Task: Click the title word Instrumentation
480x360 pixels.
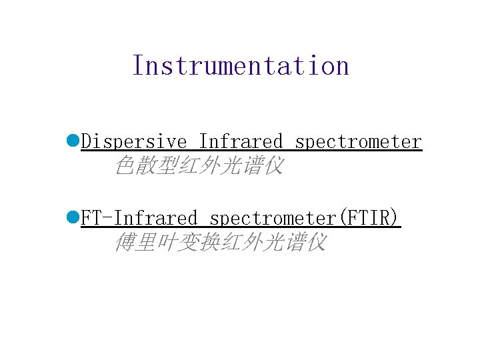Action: point(241,66)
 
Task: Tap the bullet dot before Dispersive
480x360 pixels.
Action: point(73,141)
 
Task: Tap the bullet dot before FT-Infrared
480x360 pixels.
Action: point(73,217)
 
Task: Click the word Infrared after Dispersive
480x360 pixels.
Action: point(241,142)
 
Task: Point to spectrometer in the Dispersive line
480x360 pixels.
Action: point(358,142)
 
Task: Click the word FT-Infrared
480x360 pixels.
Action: point(139,218)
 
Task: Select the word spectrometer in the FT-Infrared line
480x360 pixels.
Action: point(273,218)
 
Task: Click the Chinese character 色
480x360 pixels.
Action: point(125,165)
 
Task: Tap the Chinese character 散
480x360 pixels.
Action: point(146,165)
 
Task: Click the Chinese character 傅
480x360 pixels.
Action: point(125,242)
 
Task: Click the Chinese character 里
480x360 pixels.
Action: point(146,242)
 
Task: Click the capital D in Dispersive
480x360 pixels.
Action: point(86,142)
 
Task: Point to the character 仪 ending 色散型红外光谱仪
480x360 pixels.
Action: point(274,165)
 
